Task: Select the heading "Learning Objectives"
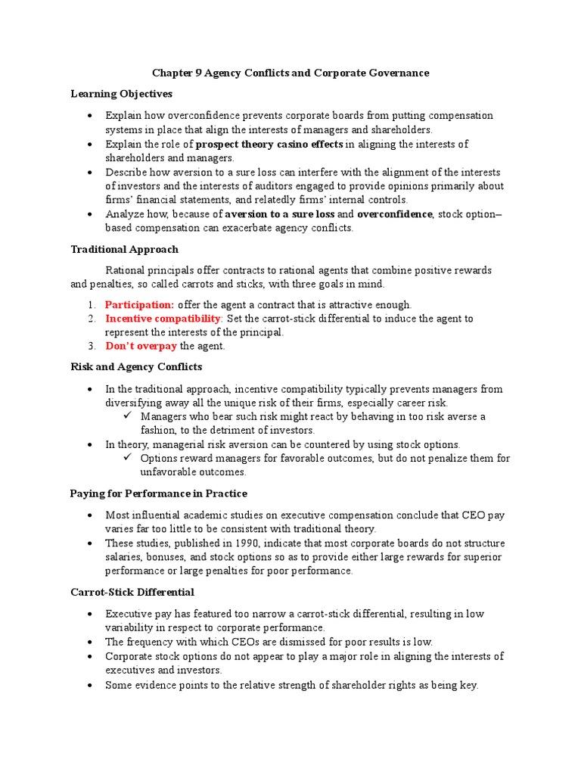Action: pos(121,94)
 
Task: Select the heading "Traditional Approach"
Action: pos(124,249)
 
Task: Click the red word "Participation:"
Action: pos(139,305)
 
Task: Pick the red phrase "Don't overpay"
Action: pos(141,347)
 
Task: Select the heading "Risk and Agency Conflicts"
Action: pos(136,367)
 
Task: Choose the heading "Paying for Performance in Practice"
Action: pos(159,493)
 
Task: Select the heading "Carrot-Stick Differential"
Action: pos(132,592)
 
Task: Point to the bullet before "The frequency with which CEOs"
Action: pos(90,642)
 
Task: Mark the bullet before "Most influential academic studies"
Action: pos(90,515)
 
